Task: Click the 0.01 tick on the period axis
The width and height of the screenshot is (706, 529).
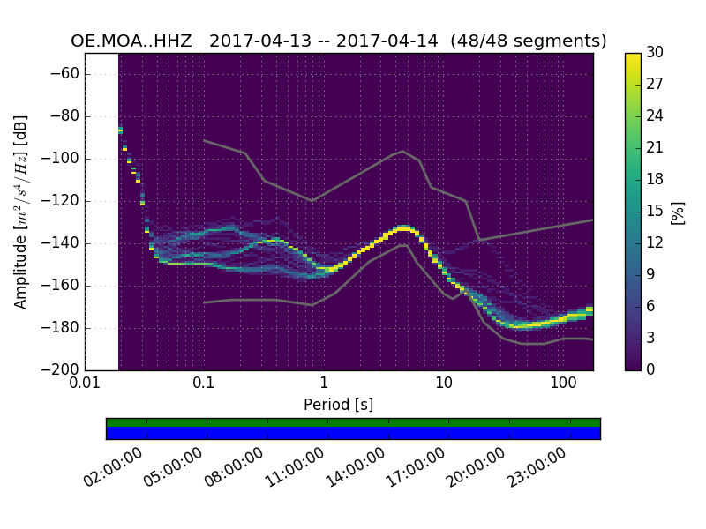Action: click(x=85, y=384)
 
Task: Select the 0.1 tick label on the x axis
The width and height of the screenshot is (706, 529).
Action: click(x=204, y=384)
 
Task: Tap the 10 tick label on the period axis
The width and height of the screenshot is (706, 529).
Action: click(x=444, y=384)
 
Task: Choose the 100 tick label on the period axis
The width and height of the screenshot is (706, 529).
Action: click(x=563, y=384)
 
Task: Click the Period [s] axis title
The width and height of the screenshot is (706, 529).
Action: click(x=338, y=405)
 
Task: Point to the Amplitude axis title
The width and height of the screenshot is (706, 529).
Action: click(x=21, y=212)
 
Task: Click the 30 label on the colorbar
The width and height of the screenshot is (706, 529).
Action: click(x=655, y=53)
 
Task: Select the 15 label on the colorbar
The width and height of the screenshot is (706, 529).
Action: click(x=655, y=212)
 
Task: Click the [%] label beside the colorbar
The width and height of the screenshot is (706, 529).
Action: click(x=679, y=212)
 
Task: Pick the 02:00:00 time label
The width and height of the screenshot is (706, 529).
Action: click(x=115, y=467)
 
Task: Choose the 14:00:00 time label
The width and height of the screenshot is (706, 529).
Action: click(x=356, y=467)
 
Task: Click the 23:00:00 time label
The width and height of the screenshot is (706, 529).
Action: click(x=537, y=467)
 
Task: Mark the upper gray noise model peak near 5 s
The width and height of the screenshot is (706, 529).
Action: click(x=403, y=151)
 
